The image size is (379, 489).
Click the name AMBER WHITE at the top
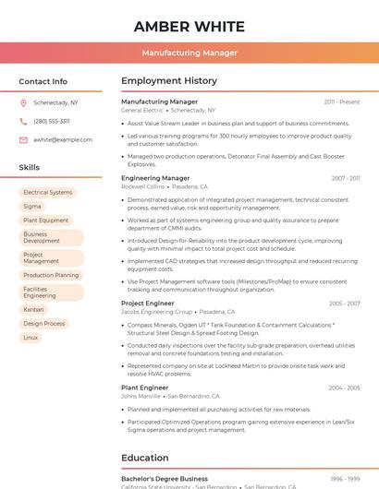pos(189,26)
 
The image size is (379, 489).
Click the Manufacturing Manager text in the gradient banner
pos(189,53)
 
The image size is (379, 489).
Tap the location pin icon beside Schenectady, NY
pos(23,103)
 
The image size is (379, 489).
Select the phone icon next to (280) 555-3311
pos(23,121)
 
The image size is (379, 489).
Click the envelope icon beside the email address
pos(23,139)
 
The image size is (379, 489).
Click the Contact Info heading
pos(43,81)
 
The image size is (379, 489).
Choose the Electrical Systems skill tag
pos(47,193)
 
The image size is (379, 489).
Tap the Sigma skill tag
pos(32,207)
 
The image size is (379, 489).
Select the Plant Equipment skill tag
pos(46,221)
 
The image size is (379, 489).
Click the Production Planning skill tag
pos(51,275)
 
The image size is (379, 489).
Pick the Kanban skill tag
pos(33,310)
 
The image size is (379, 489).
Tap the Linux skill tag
pos(31,338)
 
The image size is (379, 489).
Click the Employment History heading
pos(169,81)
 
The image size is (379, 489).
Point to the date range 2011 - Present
pos(342,101)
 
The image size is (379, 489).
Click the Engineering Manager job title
pos(155,178)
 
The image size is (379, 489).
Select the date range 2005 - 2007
pos(344,304)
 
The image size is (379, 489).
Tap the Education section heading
pos(145,458)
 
